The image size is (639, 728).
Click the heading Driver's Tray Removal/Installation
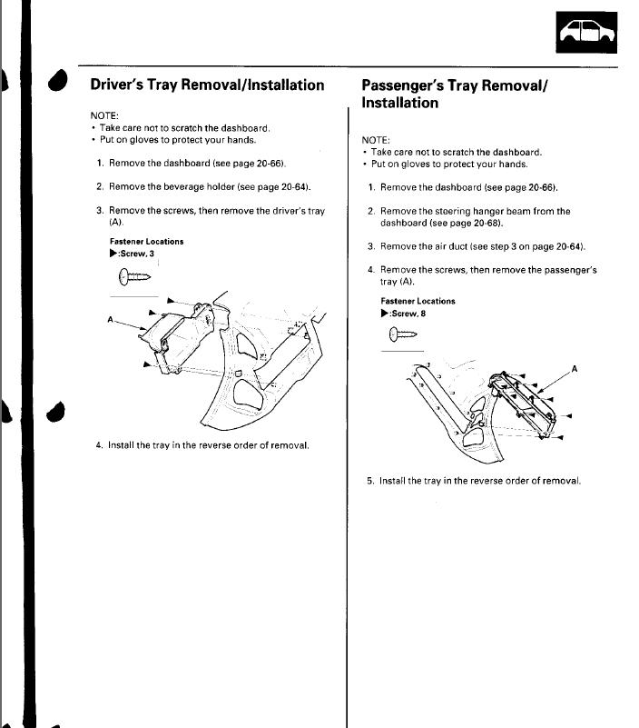[x=207, y=85]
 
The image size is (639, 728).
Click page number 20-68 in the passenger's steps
[x=485, y=223]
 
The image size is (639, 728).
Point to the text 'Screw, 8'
[x=408, y=314]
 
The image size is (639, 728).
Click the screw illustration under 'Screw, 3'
[x=133, y=277]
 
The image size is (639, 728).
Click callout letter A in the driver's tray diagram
[x=110, y=319]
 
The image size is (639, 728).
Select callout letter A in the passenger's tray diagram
[x=573, y=370]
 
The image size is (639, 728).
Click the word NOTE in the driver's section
[x=103, y=116]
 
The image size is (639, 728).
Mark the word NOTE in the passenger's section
[x=375, y=140]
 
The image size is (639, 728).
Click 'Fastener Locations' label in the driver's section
[x=146, y=242]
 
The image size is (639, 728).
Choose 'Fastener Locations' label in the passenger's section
[x=418, y=301]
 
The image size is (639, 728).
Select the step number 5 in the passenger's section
[x=370, y=481]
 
